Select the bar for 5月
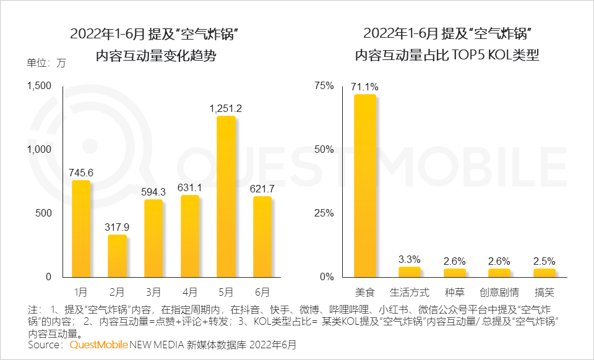pyautogui.click(x=226, y=197)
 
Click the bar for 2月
pyautogui.click(x=118, y=255)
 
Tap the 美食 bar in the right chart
pyautogui.click(x=365, y=186)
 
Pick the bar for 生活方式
pyautogui.click(x=410, y=272)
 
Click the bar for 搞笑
pyautogui.click(x=544, y=273)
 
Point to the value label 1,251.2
pyautogui.click(x=226, y=109)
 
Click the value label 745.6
pyautogui.click(x=81, y=173)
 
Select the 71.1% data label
pyautogui.click(x=365, y=87)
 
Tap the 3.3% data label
pyautogui.click(x=410, y=259)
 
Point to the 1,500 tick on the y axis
pyautogui.click(x=40, y=85)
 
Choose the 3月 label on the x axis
pyautogui.click(x=153, y=291)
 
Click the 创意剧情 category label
pyautogui.click(x=499, y=291)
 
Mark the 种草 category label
pyautogui.click(x=455, y=291)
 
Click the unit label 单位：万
pyautogui.click(x=46, y=62)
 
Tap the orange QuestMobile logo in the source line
pyautogui.click(x=98, y=344)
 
